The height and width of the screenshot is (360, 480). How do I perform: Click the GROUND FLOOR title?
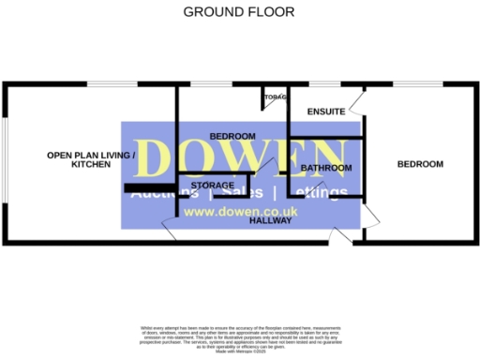coord(238,12)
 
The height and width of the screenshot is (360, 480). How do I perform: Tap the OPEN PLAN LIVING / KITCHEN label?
coord(92,159)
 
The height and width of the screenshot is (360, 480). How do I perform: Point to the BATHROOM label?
coord(326,168)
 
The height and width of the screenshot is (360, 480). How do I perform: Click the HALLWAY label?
coord(270,222)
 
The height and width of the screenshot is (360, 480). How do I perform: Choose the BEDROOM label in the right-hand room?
coord(419,164)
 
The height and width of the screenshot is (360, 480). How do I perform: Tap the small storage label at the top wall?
coord(275,97)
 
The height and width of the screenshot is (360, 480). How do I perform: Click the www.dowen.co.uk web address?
coord(240,212)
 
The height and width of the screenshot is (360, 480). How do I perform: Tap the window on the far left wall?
coord(5,159)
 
